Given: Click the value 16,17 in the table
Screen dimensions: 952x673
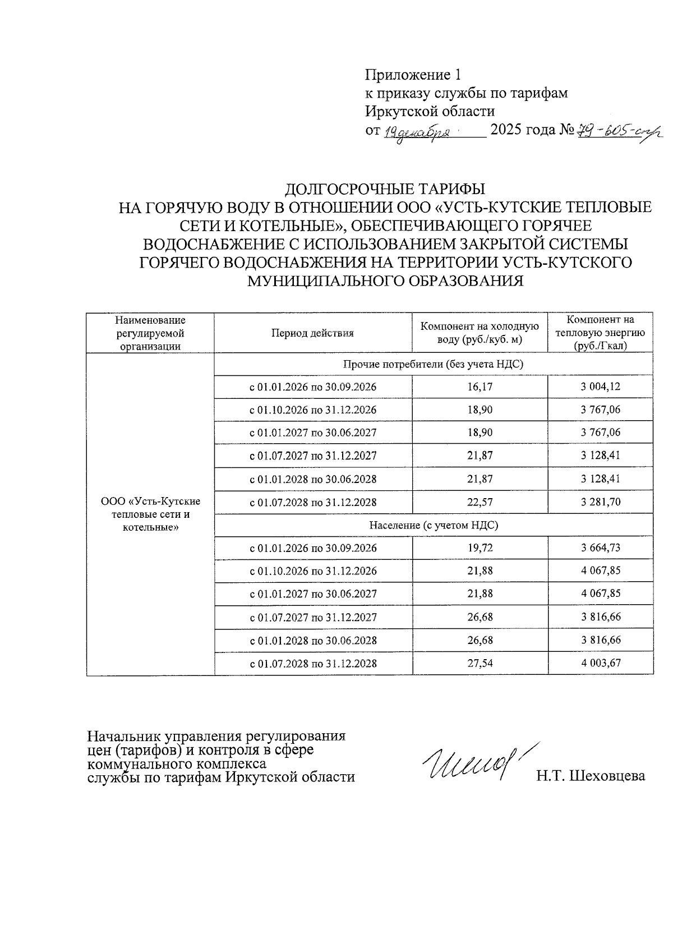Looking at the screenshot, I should point(480,387).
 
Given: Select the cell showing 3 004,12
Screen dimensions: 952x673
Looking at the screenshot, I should point(600,387).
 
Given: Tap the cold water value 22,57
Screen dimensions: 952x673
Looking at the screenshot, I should point(480,502).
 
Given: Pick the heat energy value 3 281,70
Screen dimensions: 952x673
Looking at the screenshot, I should point(600,502).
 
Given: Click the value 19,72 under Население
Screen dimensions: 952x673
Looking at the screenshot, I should point(480,548).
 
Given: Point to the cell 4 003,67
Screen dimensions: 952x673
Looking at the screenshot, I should point(600,663).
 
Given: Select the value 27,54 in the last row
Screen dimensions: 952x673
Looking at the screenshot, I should point(480,663).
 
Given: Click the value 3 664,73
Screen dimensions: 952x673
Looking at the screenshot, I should point(600,548).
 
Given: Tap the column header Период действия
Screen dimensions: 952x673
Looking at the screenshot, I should point(312,333).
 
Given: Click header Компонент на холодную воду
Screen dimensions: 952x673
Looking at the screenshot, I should point(480,333).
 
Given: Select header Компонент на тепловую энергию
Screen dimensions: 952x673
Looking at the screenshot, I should point(600,333).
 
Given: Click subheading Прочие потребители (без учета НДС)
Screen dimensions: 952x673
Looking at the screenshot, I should point(433,364).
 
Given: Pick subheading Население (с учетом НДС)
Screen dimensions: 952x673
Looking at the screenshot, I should point(433,525).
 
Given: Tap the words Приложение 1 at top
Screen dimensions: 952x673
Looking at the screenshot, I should point(413,75).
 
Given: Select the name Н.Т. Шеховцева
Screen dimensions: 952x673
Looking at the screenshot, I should point(590,776).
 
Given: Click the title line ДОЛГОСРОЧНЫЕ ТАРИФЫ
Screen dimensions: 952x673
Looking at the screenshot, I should point(385,188).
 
